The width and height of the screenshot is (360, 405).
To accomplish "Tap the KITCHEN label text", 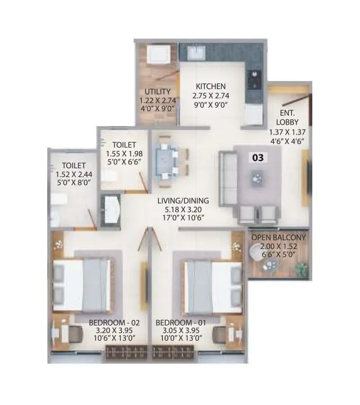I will click(x=211, y=86).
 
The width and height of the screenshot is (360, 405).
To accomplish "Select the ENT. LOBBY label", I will click(x=287, y=117).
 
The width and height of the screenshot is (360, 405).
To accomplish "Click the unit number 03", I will click(x=258, y=157).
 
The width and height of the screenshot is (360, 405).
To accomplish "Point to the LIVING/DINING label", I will click(x=186, y=201).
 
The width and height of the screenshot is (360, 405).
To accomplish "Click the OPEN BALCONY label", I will click(x=279, y=237).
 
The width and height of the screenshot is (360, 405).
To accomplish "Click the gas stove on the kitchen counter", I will click(x=256, y=79).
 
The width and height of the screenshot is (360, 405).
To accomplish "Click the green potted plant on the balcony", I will click(x=301, y=269).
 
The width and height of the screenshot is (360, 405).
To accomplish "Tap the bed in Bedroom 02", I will click(x=82, y=286).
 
